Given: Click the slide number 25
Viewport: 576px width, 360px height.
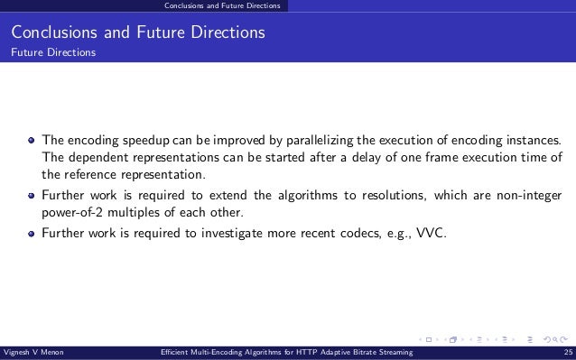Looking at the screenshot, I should [566, 353].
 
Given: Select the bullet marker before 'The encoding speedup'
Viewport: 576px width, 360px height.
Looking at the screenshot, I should [31, 141].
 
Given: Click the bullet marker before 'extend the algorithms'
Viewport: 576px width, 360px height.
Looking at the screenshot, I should [31, 195].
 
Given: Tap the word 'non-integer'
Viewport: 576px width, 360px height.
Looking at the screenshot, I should [527, 195].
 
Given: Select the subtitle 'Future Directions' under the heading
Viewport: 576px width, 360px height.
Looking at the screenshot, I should [52, 52].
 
